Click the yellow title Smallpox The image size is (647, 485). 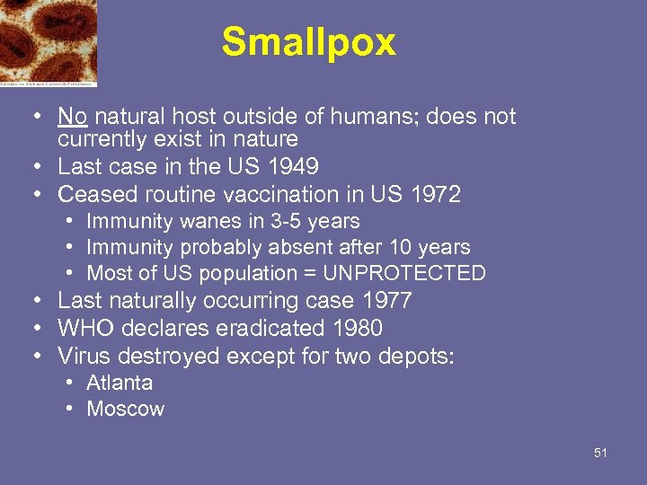pos(308,42)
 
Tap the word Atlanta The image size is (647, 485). pos(120,383)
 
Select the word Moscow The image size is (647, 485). pos(126,410)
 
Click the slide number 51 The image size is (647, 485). pos(600,453)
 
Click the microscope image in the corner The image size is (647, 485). pos(48,42)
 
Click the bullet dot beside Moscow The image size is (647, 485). pos(69,410)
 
